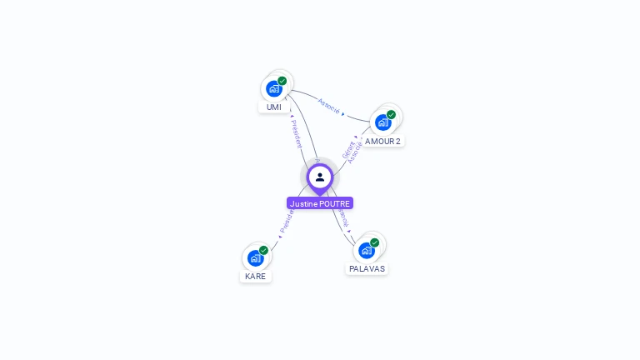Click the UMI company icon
pyautogui.click(x=273, y=88)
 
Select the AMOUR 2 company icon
pyautogui.click(x=382, y=122)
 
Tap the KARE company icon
pyautogui.click(x=255, y=257)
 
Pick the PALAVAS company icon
pyautogui.click(x=366, y=250)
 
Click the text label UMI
pyautogui.click(x=274, y=107)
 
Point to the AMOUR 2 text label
pyautogui.click(x=382, y=142)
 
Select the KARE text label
pyautogui.click(x=255, y=277)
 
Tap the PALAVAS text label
pyautogui.click(x=367, y=269)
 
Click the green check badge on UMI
pyautogui.click(x=282, y=81)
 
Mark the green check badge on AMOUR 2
pyautogui.click(x=392, y=114)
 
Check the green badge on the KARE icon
pyautogui.click(x=264, y=250)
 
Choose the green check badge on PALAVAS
pyautogui.click(x=375, y=242)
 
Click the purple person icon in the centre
pyautogui.click(x=320, y=177)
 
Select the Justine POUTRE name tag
pyautogui.click(x=320, y=203)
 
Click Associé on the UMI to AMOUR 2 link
pyautogui.click(x=329, y=106)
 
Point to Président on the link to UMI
pyautogui.click(x=296, y=133)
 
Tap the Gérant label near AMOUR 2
pyautogui.click(x=347, y=149)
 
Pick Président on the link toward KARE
pyautogui.click(x=286, y=221)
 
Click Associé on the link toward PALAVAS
pyautogui.click(x=343, y=218)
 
